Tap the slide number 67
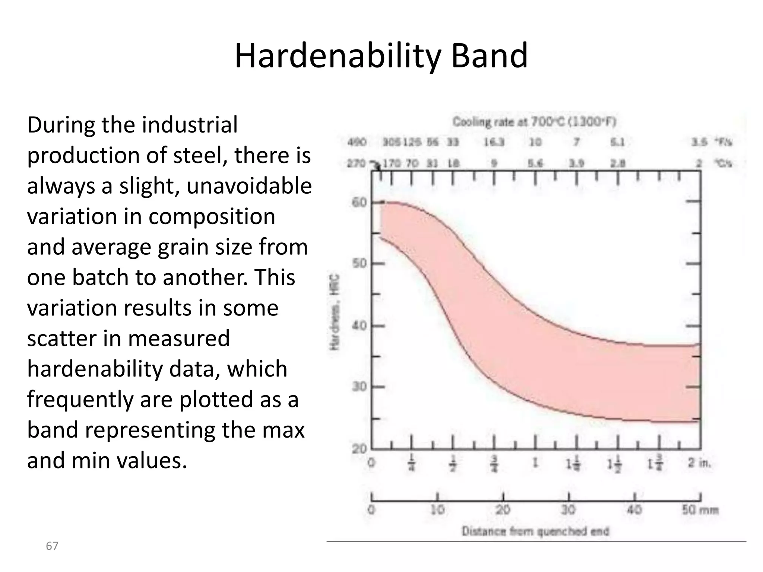(52, 546)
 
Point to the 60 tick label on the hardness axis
(359, 203)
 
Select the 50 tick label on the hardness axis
(359, 264)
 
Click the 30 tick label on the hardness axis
(359, 387)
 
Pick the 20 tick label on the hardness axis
(359, 448)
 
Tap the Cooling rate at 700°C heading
(534, 122)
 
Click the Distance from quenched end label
(535, 531)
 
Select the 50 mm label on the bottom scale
(700, 509)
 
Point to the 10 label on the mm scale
(437, 509)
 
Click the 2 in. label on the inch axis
(699, 463)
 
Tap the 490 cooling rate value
(357, 142)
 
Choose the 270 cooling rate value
(356, 163)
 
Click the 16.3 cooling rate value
(494, 142)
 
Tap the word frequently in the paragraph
(80, 399)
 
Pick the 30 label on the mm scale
(568, 509)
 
